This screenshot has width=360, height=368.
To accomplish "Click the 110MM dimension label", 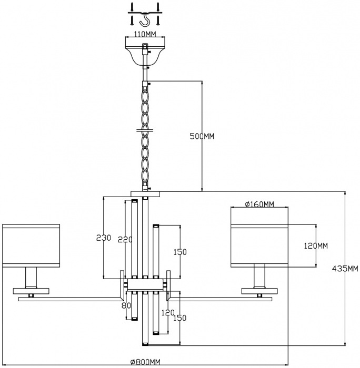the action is tap(145, 34).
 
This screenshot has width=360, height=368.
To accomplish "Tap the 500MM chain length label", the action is tap(202, 136).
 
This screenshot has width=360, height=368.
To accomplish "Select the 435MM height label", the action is tap(345, 268).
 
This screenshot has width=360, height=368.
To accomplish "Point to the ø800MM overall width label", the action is tap(145, 362).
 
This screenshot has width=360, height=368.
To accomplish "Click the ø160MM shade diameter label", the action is tap(259, 204).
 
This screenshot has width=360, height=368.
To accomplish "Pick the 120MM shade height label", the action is tap(316, 246).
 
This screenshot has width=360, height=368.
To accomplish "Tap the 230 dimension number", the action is tap(103, 238).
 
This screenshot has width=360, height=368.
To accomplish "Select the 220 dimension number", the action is tap(125, 239).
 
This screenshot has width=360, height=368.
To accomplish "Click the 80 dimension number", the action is tap(126, 305).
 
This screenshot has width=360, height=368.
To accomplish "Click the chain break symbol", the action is tap(145, 130).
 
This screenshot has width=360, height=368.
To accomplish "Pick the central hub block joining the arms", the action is tap(145, 285).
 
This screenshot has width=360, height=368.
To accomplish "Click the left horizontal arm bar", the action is tap(71, 299).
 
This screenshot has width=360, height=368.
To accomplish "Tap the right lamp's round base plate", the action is tap(259, 291).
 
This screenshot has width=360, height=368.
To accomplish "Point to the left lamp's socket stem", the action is tap(31, 278).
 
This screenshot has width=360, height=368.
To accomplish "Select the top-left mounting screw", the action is tap(132, 6).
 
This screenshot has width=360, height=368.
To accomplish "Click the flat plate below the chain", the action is tap(145, 194).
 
